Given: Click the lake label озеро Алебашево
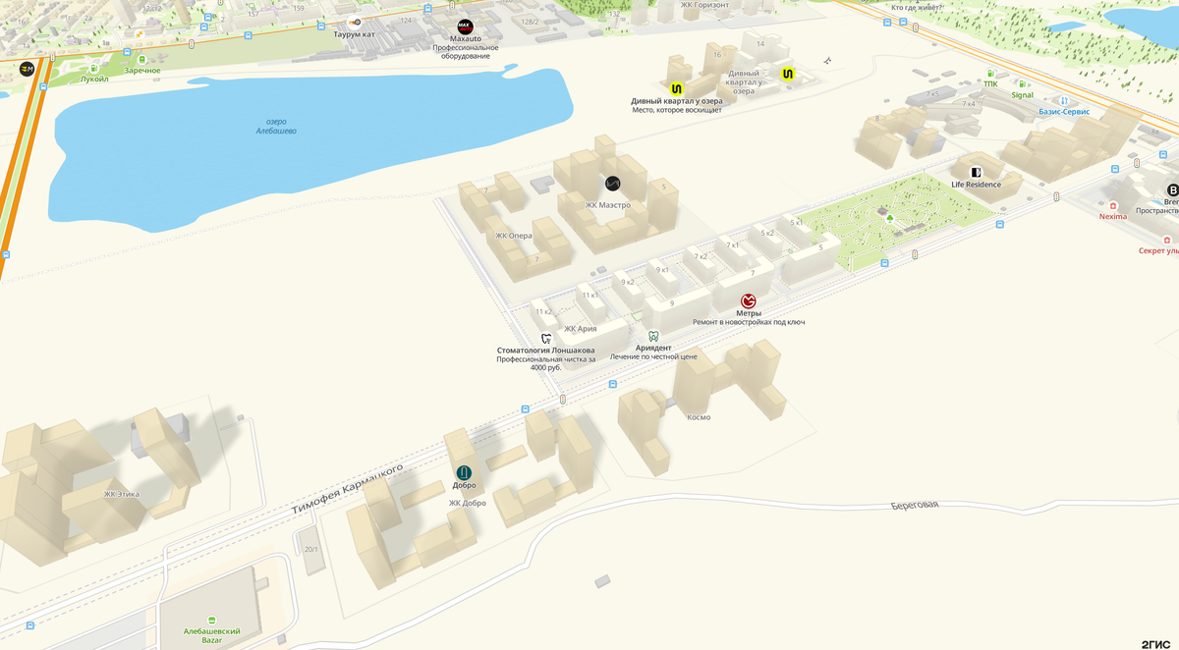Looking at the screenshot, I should [276, 126].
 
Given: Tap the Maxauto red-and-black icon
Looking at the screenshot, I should [466, 27].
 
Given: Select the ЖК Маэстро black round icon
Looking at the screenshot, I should [613, 184].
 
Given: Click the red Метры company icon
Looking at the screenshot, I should [749, 300].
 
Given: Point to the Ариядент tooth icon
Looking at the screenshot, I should [653, 336].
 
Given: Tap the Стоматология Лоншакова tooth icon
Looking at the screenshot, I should [546, 338].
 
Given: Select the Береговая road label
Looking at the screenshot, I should [915, 504].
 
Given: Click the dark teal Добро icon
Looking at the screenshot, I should [464, 472].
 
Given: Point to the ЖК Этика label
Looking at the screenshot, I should [124, 495].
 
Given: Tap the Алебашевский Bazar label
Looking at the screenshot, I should [212, 635].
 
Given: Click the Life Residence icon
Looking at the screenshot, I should [976, 172].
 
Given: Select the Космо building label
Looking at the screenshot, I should [699, 417].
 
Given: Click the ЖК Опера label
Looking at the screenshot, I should [514, 236].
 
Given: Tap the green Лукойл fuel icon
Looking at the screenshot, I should [95, 68].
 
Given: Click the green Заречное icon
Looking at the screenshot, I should [142, 60].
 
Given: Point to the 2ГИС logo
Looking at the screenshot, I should [1155, 643].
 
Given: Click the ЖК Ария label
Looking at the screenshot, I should [580, 329].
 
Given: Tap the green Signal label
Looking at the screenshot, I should [1023, 95].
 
